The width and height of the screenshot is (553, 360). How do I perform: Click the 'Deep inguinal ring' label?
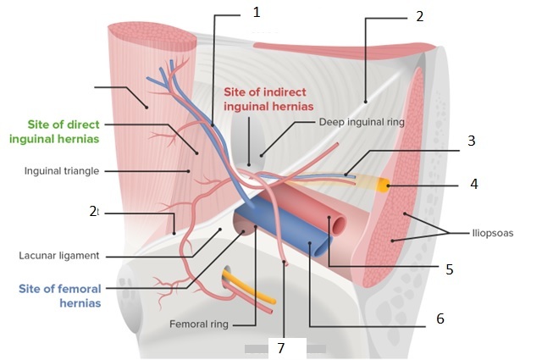point(362,122)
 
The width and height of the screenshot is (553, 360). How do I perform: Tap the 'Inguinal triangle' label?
point(62,170)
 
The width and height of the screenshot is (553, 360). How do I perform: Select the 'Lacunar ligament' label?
point(58,255)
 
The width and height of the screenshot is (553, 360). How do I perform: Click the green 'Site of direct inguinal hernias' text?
point(64,131)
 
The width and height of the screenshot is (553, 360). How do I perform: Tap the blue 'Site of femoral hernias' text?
point(59,295)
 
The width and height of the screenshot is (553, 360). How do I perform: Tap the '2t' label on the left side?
point(95,212)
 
